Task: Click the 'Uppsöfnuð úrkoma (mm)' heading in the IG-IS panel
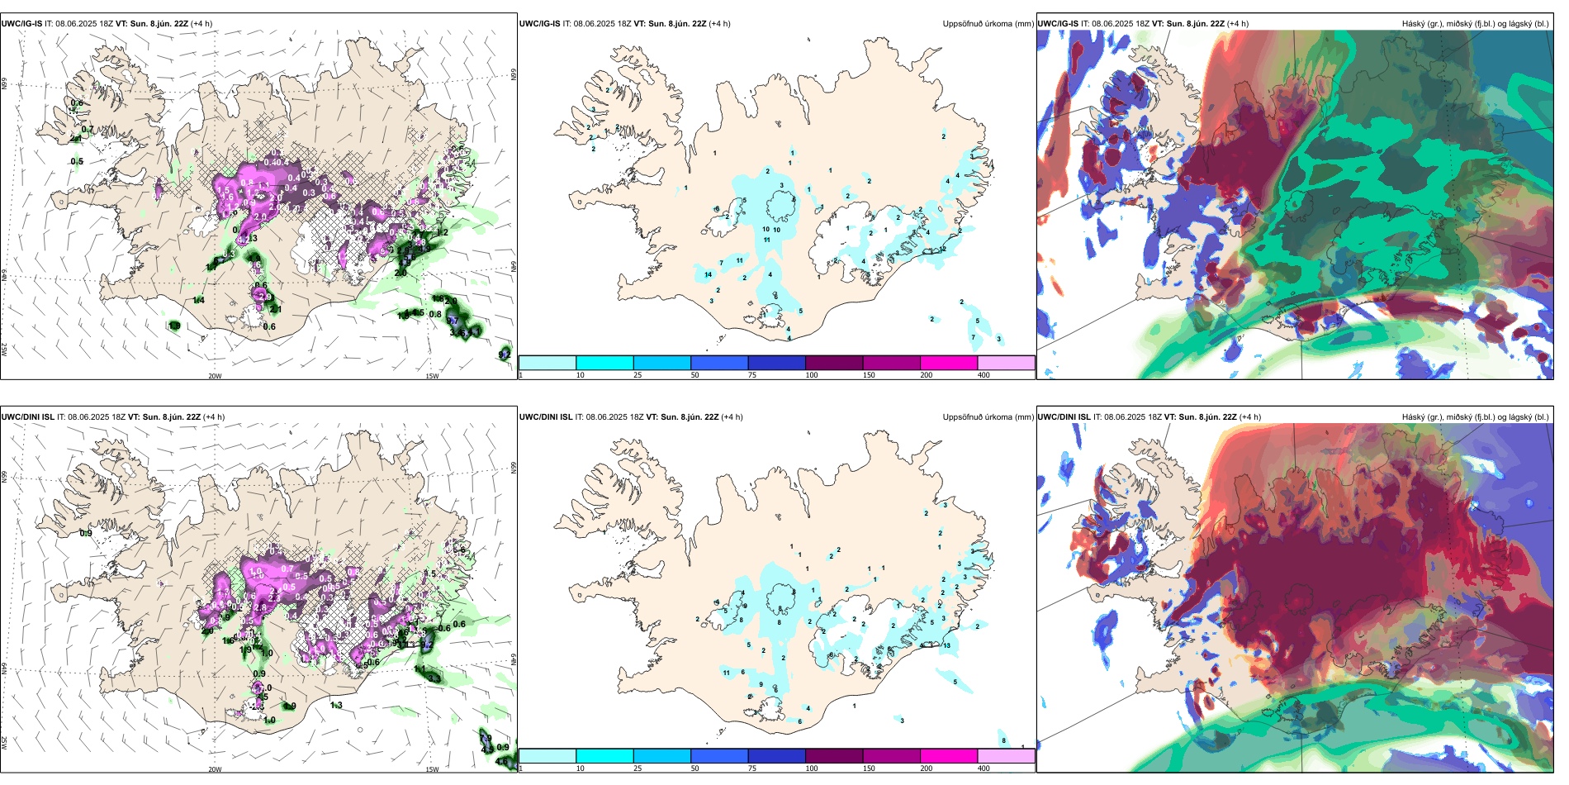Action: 988,24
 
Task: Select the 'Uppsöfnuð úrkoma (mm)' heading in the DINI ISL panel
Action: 988,417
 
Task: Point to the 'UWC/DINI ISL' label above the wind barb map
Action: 27,417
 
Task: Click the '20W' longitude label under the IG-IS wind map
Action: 215,376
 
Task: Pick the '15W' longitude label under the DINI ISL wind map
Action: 432,769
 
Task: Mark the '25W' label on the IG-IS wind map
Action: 4,350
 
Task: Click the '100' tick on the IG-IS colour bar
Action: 812,375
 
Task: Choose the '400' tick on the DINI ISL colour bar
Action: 984,768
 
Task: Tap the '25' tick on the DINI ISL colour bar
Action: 638,768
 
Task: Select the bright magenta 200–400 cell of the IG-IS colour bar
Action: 949,363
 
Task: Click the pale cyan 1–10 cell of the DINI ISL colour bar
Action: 547,756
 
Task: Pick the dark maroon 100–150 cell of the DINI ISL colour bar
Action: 834,756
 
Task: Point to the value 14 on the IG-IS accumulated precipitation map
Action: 708,275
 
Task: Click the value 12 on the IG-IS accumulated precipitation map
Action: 943,249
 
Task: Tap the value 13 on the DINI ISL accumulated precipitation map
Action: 946,645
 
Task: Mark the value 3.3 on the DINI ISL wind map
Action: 434,678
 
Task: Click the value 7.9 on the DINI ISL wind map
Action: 486,738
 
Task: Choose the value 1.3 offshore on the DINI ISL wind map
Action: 336,706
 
